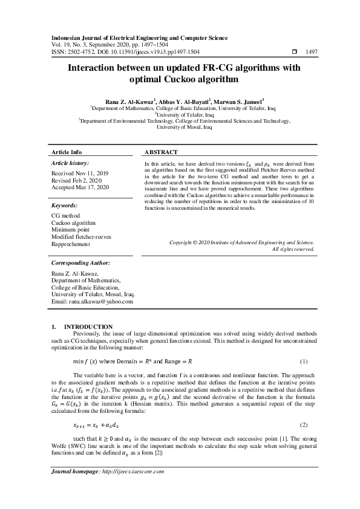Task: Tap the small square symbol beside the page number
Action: coord(295,53)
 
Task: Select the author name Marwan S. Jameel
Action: coord(239,102)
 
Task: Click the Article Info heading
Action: coord(67,152)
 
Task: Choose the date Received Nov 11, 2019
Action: coord(80,173)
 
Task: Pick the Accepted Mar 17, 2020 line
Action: coord(80,187)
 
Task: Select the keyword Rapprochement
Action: coord(71,244)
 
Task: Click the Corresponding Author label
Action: coord(80,264)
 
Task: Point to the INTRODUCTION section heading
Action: coord(88,326)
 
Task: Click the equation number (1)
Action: coord(304,361)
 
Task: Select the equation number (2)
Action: coord(304,426)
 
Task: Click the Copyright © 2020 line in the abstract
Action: coord(241,243)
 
